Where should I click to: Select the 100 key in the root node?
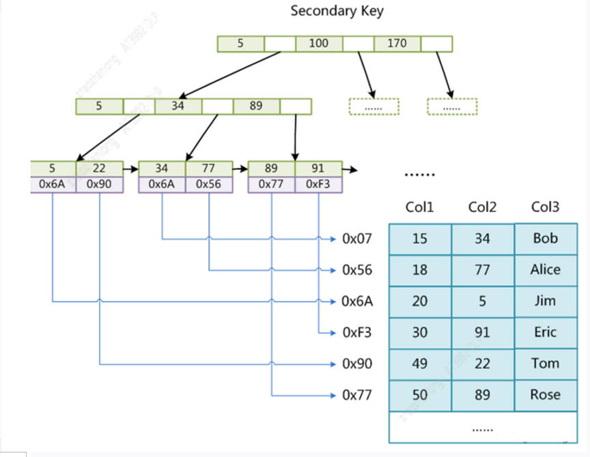point(318,44)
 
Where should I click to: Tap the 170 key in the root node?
point(397,44)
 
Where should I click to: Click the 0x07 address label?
point(356,239)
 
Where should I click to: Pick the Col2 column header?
point(482,207)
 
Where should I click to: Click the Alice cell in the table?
point(545,269)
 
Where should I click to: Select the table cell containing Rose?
point(545,394)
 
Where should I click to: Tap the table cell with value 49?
point(419,364)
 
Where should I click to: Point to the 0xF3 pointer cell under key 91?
point(318,184)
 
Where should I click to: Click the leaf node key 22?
point(100,168)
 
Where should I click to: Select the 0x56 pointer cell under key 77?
point(209,184)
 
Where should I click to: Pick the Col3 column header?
point(545,207)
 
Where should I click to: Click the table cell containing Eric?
point(545,332)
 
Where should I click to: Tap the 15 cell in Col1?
point(419,239)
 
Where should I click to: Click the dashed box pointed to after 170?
point(451,107)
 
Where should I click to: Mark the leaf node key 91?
point(318,168)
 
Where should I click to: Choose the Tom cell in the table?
point(545,364)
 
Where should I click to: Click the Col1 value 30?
point(419,332)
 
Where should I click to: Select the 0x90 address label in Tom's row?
point(356,364)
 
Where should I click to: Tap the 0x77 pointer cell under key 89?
point(271,184)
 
